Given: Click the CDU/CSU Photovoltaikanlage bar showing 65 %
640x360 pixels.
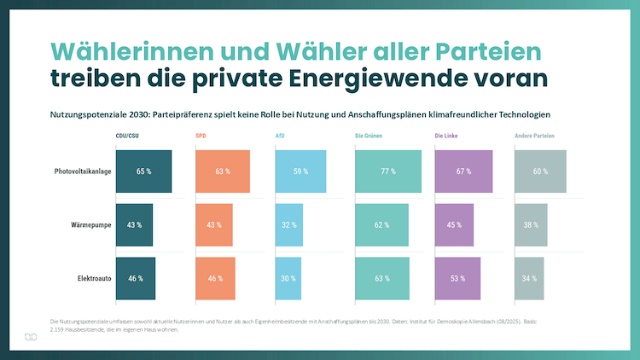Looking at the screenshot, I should click(143, 171).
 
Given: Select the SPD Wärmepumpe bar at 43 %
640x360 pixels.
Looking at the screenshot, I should click(214, 225).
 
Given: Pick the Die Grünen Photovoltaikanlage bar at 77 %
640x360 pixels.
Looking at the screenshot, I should click(388, 171).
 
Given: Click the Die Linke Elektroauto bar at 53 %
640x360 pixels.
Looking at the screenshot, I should click(457, 278).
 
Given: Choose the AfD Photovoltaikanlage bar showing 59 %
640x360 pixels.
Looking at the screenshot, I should click(300, 171).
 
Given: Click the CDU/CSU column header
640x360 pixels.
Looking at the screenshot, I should click(129, 136).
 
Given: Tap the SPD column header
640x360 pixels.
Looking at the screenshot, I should click(201, 136).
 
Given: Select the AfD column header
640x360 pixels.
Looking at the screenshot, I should click(280, 136).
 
